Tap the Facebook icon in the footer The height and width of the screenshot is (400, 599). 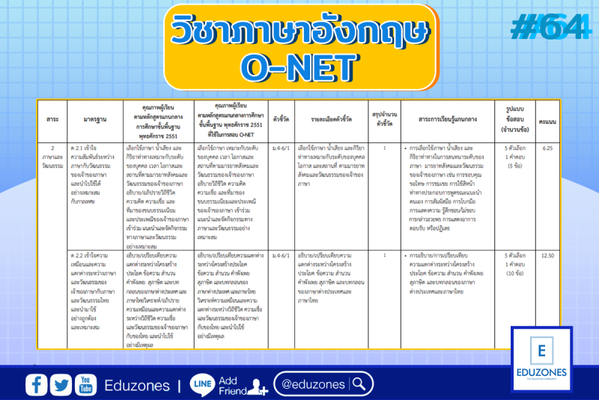[x=37, y=385]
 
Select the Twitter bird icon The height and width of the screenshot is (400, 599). [x=61, y=385]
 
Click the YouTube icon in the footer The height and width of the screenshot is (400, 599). [x=85, y=385]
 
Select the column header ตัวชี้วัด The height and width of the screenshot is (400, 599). [x=282, y=118]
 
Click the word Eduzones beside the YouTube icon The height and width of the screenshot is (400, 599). [x=136, y=385]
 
